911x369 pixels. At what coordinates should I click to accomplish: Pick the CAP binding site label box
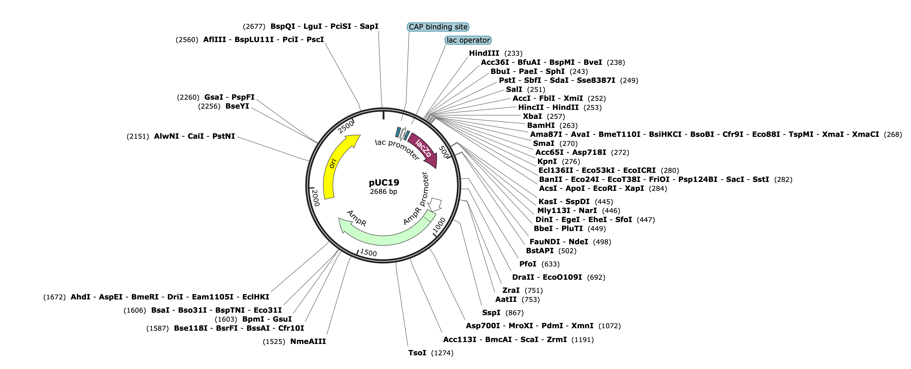click(438, 27)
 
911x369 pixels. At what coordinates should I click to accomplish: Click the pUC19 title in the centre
click(384, 182)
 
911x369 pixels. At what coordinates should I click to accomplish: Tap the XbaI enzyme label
click(532, 116)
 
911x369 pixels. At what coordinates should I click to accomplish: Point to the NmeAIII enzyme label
click(308, 341)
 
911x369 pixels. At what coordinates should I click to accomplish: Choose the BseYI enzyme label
click(237, 106)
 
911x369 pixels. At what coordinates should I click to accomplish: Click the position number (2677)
click(254, 27)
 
